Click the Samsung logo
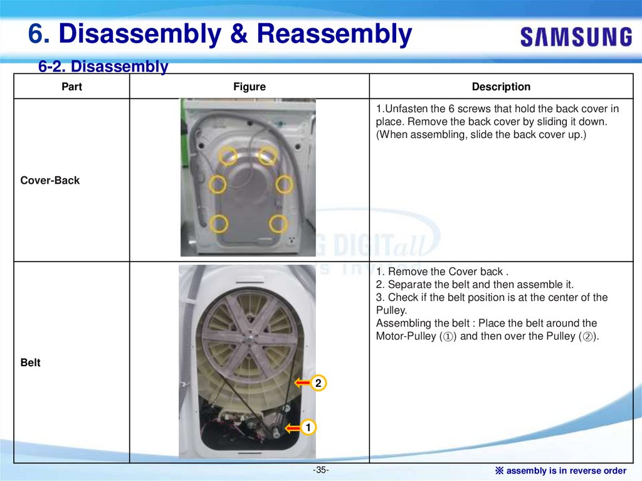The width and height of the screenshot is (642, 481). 577,37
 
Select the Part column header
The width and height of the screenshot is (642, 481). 71,87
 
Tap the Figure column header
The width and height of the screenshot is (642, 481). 250,87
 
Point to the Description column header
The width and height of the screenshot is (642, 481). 501,87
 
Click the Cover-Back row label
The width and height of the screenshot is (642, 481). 50,180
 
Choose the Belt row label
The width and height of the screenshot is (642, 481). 30,362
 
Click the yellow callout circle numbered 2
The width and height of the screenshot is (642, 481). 318,383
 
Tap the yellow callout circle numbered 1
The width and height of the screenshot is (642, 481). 308,427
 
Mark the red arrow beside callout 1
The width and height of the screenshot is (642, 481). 293,428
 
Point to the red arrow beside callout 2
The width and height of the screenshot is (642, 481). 303,383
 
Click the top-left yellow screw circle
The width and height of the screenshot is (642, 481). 228,156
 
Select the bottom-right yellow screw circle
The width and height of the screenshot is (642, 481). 278,224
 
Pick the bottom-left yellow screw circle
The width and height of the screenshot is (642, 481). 219,224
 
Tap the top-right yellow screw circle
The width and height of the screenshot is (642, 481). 268,156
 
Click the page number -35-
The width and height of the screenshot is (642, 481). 320,470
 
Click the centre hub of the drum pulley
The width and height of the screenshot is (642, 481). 248,339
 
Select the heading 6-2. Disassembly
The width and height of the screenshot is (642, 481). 103,66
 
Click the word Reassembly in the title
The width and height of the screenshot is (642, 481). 334,34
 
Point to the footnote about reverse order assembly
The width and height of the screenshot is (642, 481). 561,471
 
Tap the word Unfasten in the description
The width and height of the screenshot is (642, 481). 406,108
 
